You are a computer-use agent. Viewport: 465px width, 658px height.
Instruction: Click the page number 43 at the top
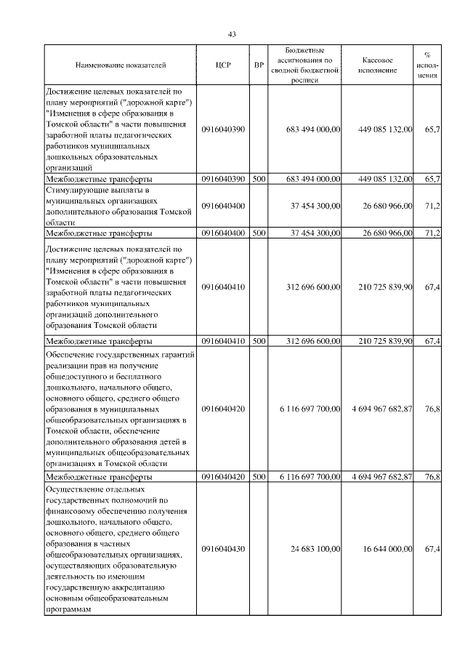(232, 34)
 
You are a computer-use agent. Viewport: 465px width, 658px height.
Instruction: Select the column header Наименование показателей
(121, 65)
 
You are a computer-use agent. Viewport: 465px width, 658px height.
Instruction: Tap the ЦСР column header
(223, 65)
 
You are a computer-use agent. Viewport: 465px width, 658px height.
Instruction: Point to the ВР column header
(259, 65)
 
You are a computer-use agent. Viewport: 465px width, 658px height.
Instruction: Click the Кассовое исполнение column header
(377, 65)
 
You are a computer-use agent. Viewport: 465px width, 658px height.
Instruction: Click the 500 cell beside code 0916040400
(259, 233)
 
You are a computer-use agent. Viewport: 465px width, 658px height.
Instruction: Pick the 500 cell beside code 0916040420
(259, 477)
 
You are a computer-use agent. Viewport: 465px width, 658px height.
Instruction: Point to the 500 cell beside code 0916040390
(259, 178)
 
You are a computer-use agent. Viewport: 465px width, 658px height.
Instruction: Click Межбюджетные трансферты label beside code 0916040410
(99, 341)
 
